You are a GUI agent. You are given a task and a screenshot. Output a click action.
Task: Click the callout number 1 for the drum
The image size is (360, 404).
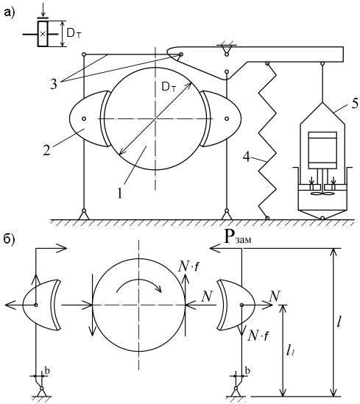(119, 194)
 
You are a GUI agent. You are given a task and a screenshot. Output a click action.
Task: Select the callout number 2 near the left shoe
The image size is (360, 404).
(46, 150)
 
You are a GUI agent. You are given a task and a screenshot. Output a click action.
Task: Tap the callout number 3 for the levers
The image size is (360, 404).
(53, 84)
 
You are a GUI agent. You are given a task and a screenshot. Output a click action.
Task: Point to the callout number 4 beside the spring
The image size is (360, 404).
(247, 157)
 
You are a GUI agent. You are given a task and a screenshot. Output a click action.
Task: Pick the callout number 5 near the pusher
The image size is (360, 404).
(355, 103)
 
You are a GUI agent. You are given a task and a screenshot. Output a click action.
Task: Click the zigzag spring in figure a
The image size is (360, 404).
(267, 141)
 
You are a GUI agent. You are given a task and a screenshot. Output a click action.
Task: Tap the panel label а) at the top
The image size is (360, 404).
(10, 12)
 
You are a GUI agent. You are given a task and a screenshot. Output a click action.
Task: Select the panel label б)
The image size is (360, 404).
(10, 239)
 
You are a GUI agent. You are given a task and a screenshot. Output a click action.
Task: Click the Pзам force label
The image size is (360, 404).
(238, 238)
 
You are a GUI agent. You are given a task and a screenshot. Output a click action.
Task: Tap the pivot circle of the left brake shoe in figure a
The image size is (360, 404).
(84, 118)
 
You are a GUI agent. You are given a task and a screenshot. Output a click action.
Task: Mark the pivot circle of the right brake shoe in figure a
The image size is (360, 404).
(227, 118)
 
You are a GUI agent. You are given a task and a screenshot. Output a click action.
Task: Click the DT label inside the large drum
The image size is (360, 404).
(169, 88)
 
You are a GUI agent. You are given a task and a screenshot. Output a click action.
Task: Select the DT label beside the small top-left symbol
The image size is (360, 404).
(74, 34)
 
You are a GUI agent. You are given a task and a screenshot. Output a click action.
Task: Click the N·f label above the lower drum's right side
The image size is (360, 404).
(188, 267)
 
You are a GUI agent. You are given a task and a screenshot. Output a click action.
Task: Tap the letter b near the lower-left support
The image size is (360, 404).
(47, 371)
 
